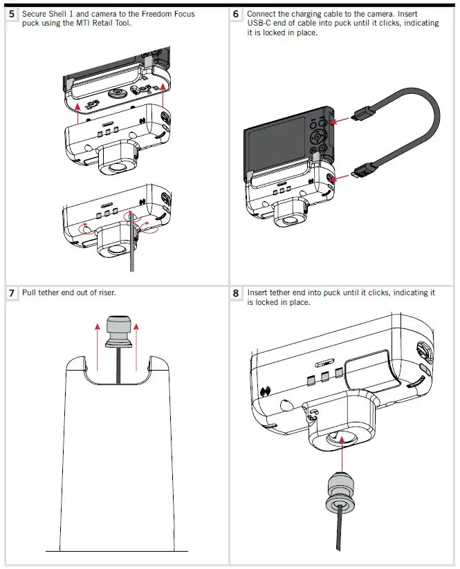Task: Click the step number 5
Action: (x=12, y=14)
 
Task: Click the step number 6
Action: (x=237, y=14)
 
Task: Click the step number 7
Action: (x=12, y=293)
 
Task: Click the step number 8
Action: (x=237, y=293)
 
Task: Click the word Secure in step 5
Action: (x=35, y=14)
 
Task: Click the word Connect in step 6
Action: (x=263, y=14)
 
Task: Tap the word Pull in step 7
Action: (x=30, y=293)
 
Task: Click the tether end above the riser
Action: (x=115, y=332)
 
